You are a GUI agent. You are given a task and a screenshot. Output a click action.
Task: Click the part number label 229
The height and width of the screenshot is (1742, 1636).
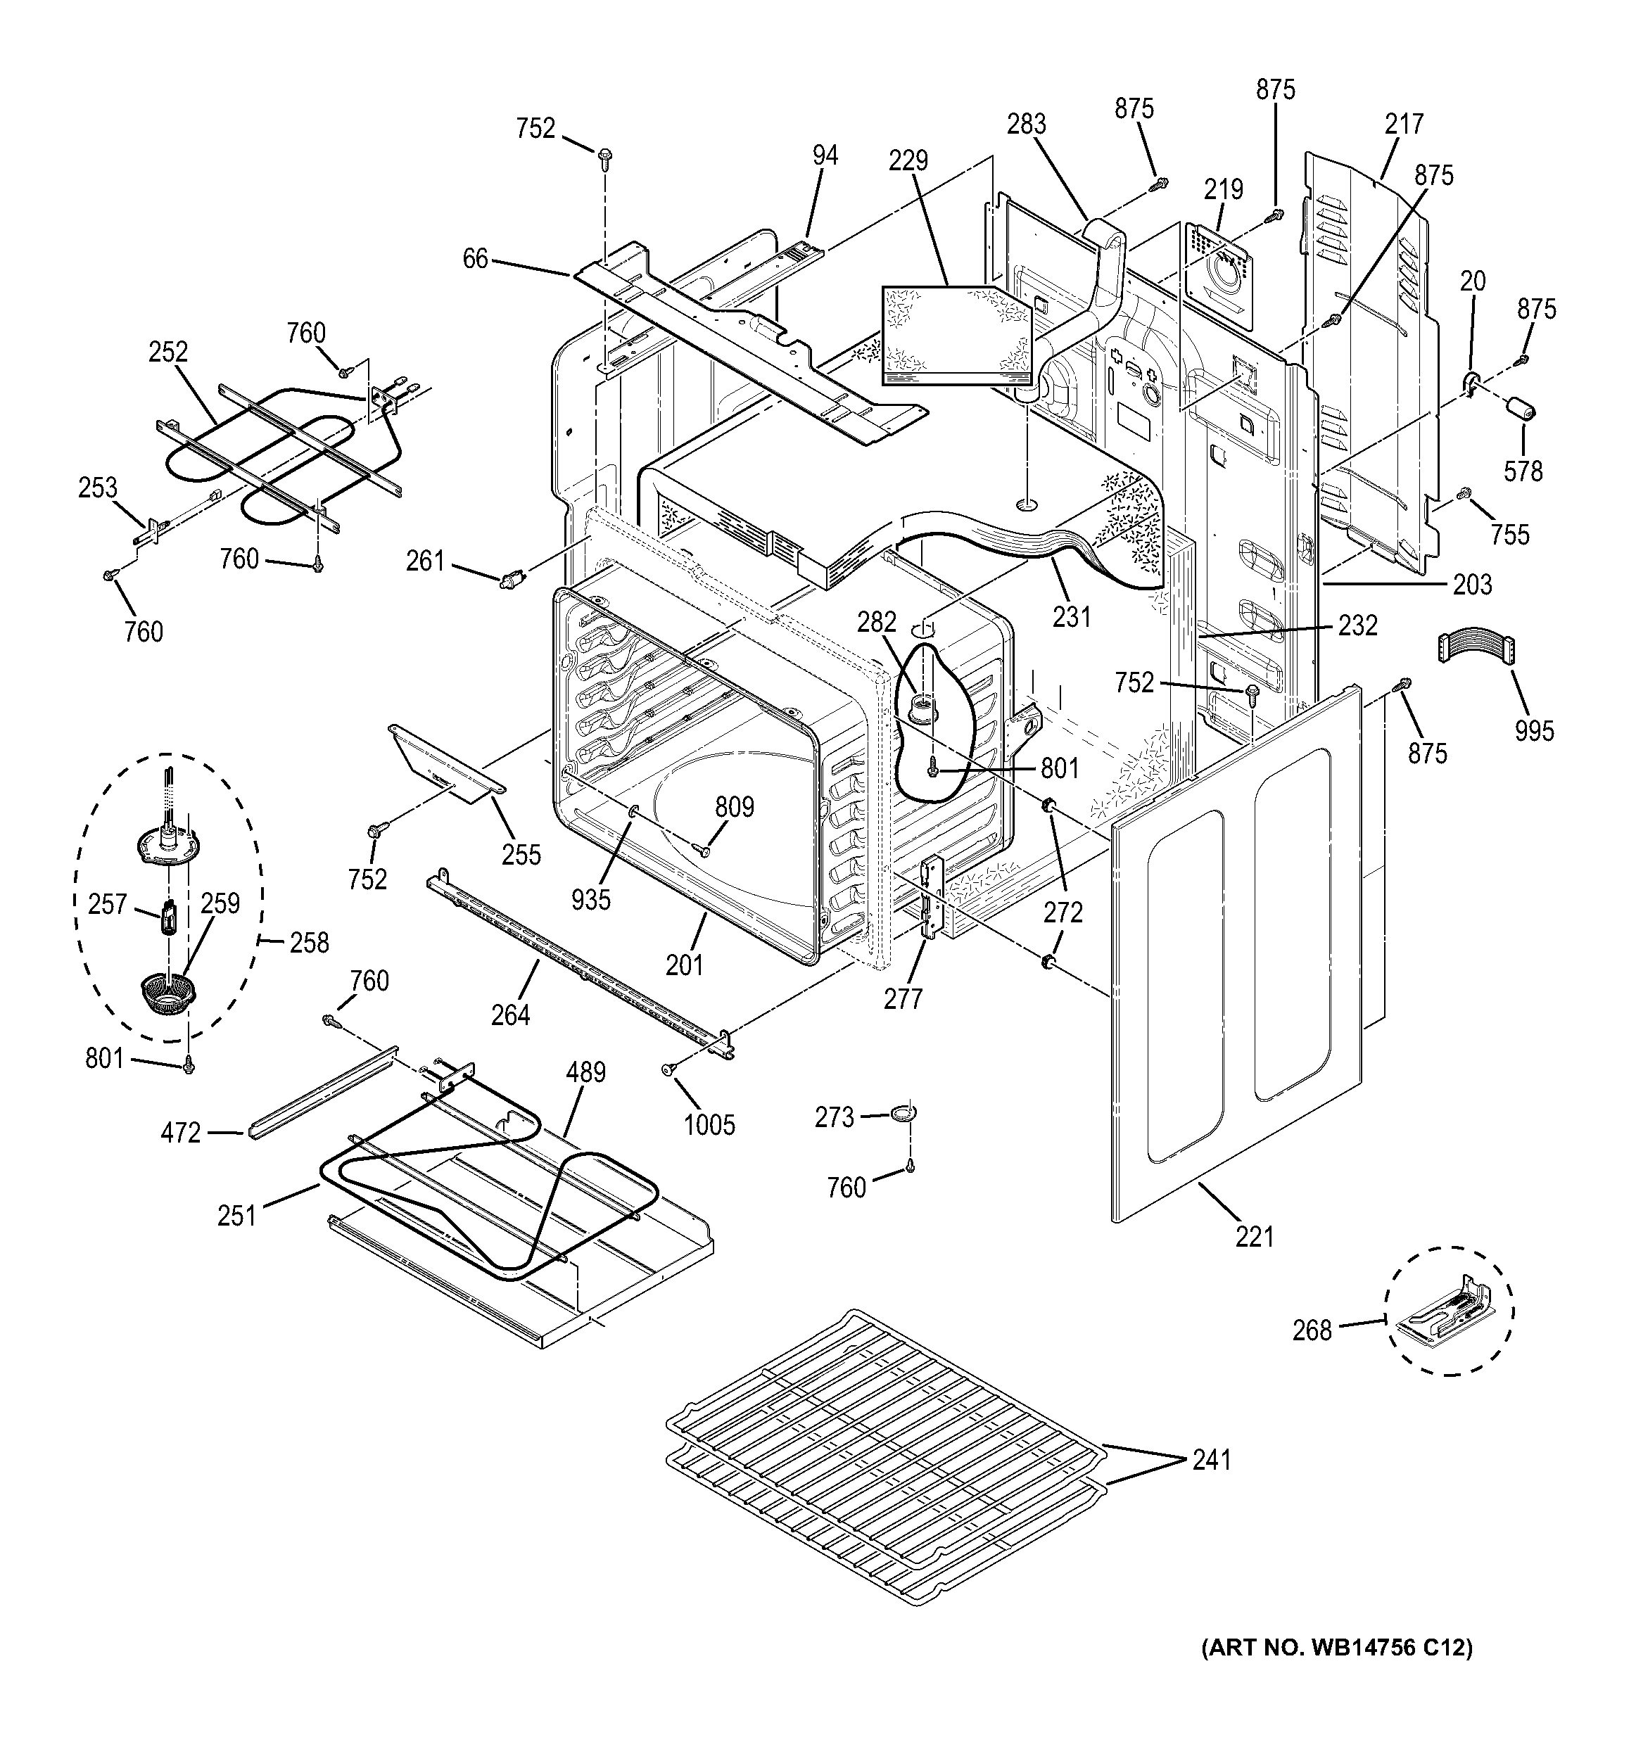point(908,161)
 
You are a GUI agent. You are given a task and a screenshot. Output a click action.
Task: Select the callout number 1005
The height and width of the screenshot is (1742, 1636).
point(709,1124)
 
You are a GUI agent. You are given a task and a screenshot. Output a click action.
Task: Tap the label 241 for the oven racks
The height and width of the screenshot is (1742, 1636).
point(1211,1460)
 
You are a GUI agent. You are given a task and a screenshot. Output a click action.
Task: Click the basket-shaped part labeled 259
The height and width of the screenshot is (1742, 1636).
point(167,996)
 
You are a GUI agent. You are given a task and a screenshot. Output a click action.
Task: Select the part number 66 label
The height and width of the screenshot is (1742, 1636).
point(475,260)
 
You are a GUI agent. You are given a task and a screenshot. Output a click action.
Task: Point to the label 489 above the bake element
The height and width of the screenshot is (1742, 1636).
point(585,1072)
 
